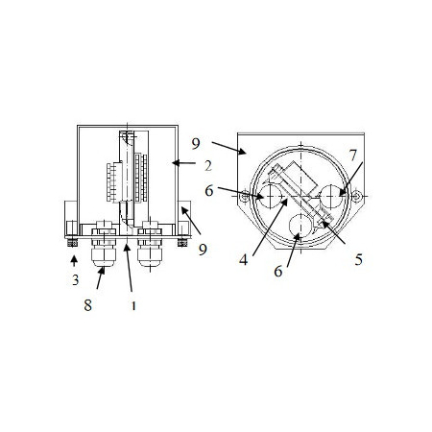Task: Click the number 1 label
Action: (x=133, y=306)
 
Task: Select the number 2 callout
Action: (x=208, y=166)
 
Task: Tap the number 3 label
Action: (x=75, y=280)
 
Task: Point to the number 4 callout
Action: (x=244, y=260)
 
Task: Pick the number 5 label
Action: (x=359, y=259)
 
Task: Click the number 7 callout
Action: (x=352, y=156)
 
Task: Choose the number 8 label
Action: (x=88, y=305)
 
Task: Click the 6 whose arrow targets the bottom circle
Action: (x=278, y=272)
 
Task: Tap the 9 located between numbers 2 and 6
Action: (x=196, y=144)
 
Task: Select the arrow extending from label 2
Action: (x=183, y=163)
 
